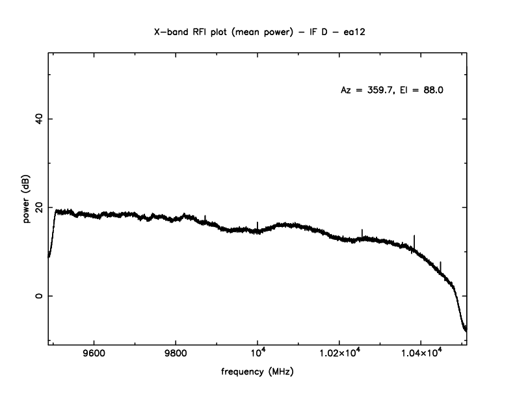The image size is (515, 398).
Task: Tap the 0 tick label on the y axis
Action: click(38, 296)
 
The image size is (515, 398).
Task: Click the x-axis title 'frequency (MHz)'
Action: click(257, 373)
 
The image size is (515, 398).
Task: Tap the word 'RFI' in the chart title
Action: click(198, 31)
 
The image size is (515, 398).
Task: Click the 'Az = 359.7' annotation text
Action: click(367, 90)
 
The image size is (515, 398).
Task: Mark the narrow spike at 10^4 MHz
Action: click(257, 224)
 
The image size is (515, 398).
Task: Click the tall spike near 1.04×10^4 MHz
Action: click(414, 239)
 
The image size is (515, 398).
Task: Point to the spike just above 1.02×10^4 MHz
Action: click(362, 232)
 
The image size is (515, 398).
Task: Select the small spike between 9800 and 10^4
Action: click(205, 218)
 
